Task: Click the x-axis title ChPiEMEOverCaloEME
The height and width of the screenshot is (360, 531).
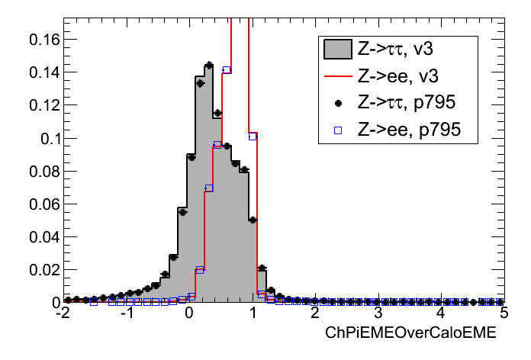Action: click(x=410, y=333)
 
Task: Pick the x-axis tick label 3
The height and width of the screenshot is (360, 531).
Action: click(x=378, y=313)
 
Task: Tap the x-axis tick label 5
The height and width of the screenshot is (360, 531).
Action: click(x=503, y=313)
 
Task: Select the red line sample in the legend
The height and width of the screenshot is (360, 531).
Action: click(x=336, y=77)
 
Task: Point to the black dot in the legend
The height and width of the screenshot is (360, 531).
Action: click(x=336, y=104)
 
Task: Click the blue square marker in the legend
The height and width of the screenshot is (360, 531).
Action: click(x=336, y=130)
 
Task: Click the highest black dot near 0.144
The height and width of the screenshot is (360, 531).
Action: click(x=208, y=65)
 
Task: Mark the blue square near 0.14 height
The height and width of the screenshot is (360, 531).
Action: click(x=227, y=70)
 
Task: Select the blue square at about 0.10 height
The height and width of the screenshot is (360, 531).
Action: click(x=253, y=136)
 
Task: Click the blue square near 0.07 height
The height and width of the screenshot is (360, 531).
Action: click(x=208, y=188)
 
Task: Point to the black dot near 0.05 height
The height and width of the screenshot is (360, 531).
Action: click(x=253, y=220)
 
